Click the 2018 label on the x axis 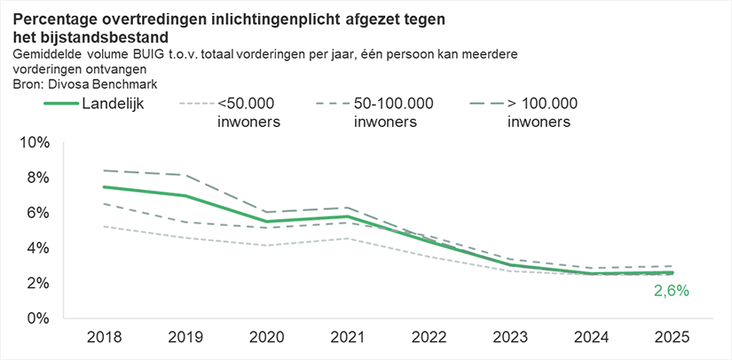pos(104,338)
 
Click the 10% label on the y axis pos(42,143)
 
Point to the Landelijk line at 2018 pos(105,187)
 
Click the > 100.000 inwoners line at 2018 pos(105,170)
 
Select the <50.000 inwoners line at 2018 pos(105,226)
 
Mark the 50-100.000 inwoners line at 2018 pos(105,204)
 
